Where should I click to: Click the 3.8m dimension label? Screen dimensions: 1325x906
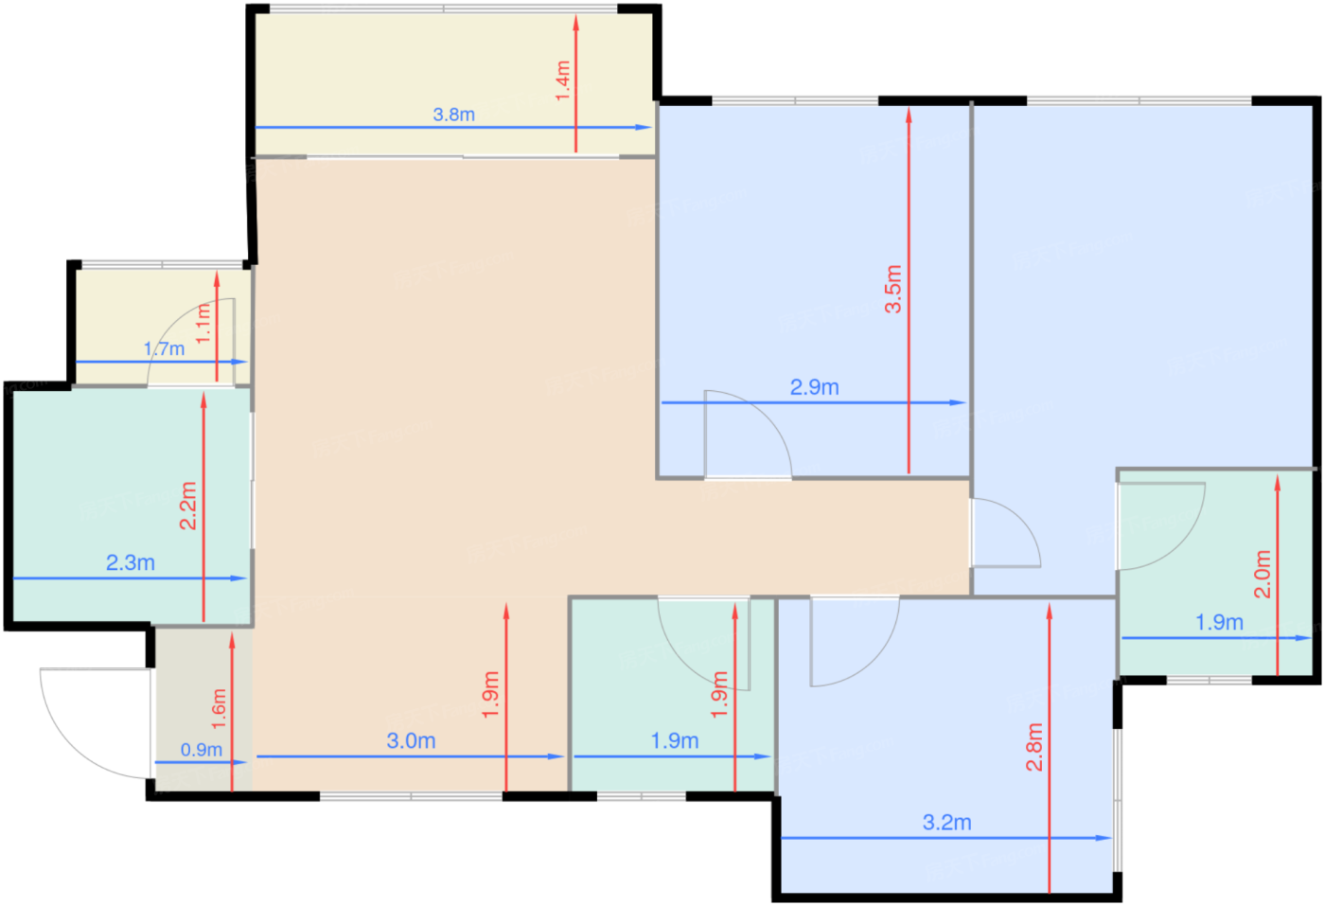pyautogui.click(x=453, y=115)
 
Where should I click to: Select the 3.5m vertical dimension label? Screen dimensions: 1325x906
pyautogui.click(x=893, y=289)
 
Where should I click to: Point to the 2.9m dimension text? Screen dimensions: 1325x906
pyautogui.click(x=815, y=387)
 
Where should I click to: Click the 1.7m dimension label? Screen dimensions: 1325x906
pyautogui.click(x=164, y=348)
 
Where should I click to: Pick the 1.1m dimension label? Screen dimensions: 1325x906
pyautogui.click(x=203, y=323)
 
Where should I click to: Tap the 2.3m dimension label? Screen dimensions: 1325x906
pyautogui.click(x=131, y=562)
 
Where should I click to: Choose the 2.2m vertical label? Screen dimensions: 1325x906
pyautogui.click(x=187, y=506)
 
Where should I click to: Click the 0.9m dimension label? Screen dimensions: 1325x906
pyautogui.click(x=201, y=750)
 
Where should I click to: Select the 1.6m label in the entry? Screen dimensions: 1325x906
pyautogui.click(x=219, y=708)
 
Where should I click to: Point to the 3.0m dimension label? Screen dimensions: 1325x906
pyautogui.click(x=411, y=740)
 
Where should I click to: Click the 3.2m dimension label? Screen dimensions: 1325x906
pyautogui.click(x=947, y=822)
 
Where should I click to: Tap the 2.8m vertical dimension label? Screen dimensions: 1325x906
pyautogui.click(x=1033, y=747)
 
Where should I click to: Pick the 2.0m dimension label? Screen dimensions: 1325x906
pyautogui.click(x=1263, y=574)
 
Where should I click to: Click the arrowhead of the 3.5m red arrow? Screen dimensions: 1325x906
pyautogui.click(x=909, y=115)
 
